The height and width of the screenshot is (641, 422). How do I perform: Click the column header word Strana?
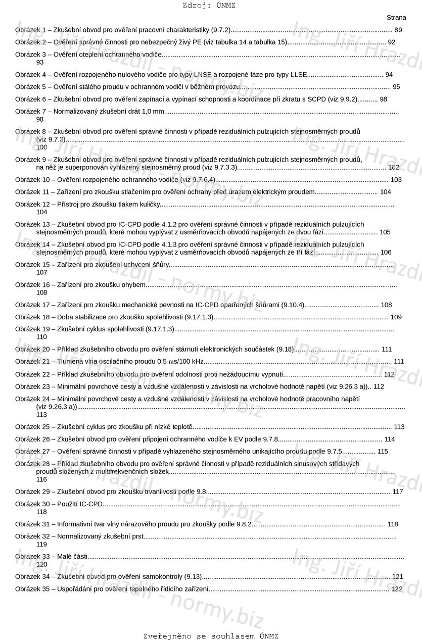(x=396, y=18)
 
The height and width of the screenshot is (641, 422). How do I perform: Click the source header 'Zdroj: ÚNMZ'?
(x=209, y=6)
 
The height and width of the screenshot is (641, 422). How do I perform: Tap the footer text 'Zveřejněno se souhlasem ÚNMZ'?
(x=211, y=636)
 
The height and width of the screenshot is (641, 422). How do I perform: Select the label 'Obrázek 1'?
(x=30, y=30)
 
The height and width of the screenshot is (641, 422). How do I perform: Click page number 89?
(x=398, y=30)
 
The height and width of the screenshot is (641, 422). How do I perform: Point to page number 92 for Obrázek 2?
(x=392, y=42)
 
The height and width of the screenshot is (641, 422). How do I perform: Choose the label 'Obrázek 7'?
(x=30, y=111)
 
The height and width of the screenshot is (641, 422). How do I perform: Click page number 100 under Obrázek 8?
(x=42, y=147)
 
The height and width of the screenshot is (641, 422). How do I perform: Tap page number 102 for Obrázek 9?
(x=394, y=167)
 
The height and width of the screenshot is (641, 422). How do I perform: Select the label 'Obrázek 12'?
(x=32, y=204)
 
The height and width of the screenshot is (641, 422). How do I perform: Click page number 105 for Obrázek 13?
(x=385, y=232)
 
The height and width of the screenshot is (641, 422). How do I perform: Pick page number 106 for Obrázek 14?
(x=386, y=252)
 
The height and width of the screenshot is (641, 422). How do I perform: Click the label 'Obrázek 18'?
(x=32, y=317)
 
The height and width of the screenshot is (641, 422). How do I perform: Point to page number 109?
(x=396, y=317)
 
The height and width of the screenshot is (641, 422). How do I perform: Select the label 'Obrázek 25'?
(x=32, y=426)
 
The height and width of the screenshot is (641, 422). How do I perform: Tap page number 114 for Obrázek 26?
(x=390, y=439)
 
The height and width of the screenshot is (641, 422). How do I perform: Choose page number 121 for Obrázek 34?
(x=398, y=576)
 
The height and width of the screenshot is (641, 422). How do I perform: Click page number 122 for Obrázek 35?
(x=397, y=589)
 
